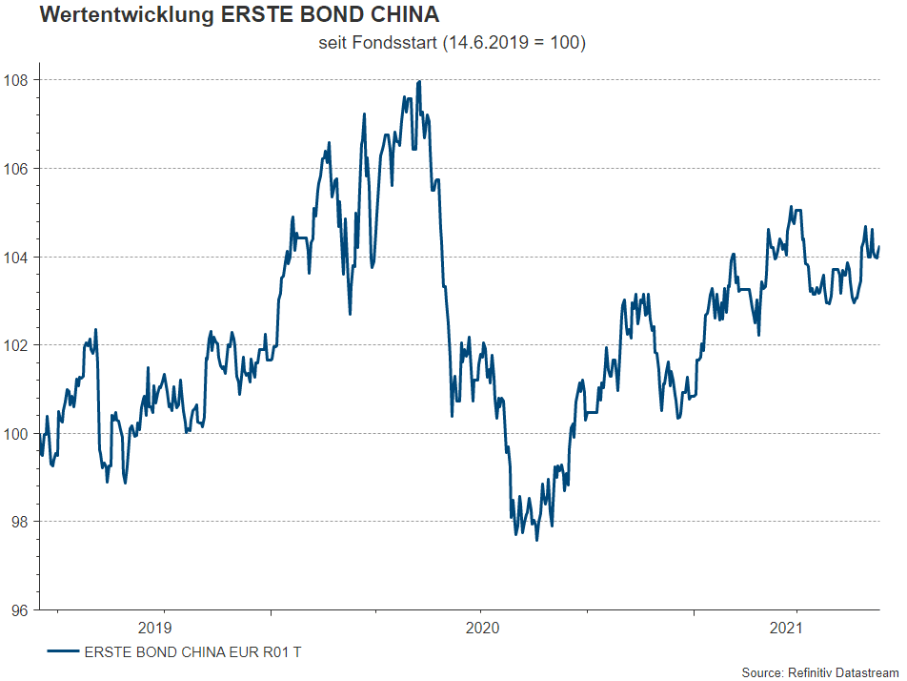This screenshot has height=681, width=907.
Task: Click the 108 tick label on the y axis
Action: (17, 80)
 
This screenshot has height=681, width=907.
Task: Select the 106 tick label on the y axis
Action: (17, 169)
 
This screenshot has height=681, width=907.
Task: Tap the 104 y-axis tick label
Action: (17, 257)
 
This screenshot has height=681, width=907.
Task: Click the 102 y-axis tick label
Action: (17, 345)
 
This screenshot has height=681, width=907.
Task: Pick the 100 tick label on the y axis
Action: (17, 434)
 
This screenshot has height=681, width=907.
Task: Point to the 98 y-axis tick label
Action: (21, 522)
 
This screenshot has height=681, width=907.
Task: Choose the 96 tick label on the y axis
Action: (21, 610)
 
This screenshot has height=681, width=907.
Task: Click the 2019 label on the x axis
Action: (154, 628)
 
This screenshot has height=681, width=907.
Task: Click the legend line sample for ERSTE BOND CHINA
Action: (62, 652)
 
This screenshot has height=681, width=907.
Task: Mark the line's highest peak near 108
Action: (420, 82)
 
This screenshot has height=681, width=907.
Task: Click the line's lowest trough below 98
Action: (536, 540)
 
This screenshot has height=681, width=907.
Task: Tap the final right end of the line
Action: (878, 247)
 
